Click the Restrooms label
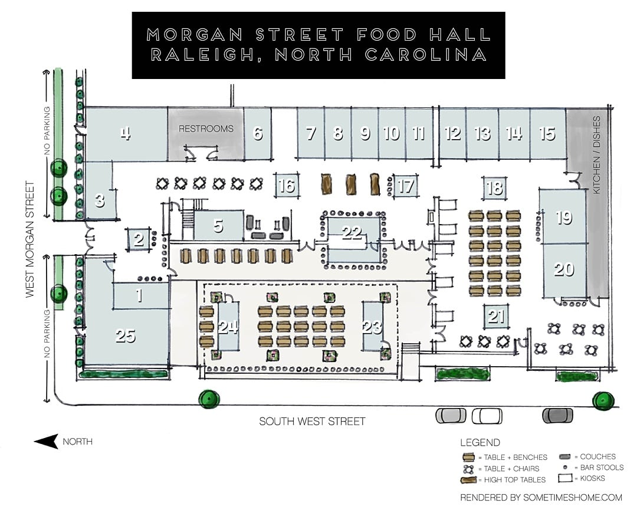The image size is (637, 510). (206, 129)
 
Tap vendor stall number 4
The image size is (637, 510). (126, 134)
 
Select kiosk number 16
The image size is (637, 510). (287, 186)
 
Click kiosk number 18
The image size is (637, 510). (494, 188)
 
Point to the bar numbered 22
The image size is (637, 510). (353, 239)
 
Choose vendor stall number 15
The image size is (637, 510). (547, 134)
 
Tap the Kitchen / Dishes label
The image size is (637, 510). (596, 154)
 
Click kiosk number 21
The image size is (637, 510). (495, 316)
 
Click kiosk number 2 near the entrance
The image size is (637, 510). (139, 239)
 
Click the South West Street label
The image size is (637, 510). (312, 422)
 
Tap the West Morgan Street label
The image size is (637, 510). (30, 239)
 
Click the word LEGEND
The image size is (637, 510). (480, 443)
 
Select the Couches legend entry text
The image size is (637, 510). (597, 457)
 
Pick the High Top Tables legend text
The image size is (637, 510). (515, 480)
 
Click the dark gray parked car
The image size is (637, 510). (558, 416)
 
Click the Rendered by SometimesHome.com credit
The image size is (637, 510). (541, 498)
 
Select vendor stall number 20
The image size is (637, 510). (564, 270)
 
